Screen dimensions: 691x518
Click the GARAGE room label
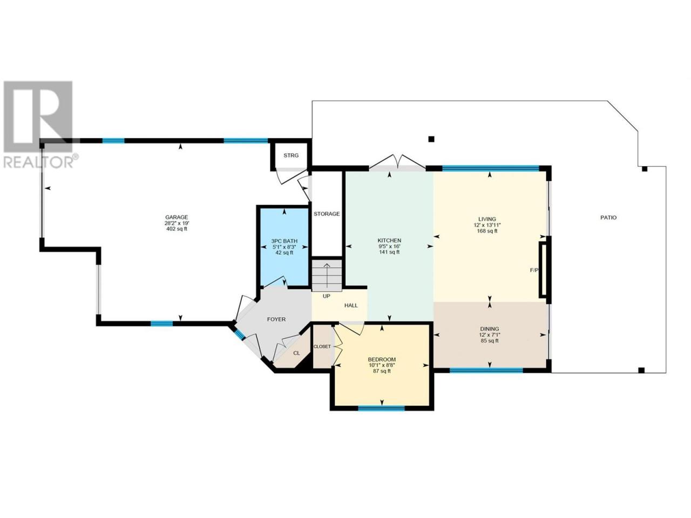(177, 217)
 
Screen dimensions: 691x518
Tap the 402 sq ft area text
(177, 229)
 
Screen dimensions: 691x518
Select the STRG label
(291, 155)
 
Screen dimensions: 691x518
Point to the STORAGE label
(327, 214)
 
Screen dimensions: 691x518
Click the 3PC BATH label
(284, 241)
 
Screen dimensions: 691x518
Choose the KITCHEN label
(389, 240)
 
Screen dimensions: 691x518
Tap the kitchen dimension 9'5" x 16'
(389, 246)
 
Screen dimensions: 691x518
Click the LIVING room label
(487, 219)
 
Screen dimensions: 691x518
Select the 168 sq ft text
(487, 231)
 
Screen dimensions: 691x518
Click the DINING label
(487, 329)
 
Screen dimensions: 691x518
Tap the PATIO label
(608, 217)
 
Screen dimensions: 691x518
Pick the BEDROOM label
(382, 359)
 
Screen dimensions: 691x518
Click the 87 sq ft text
(382, 371)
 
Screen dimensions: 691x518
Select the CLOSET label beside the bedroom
(322, 346)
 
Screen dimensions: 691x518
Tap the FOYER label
(276, 319)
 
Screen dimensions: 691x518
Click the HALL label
(351, 305)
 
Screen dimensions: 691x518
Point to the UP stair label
(326, 296)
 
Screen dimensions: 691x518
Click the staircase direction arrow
(327, 276)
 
